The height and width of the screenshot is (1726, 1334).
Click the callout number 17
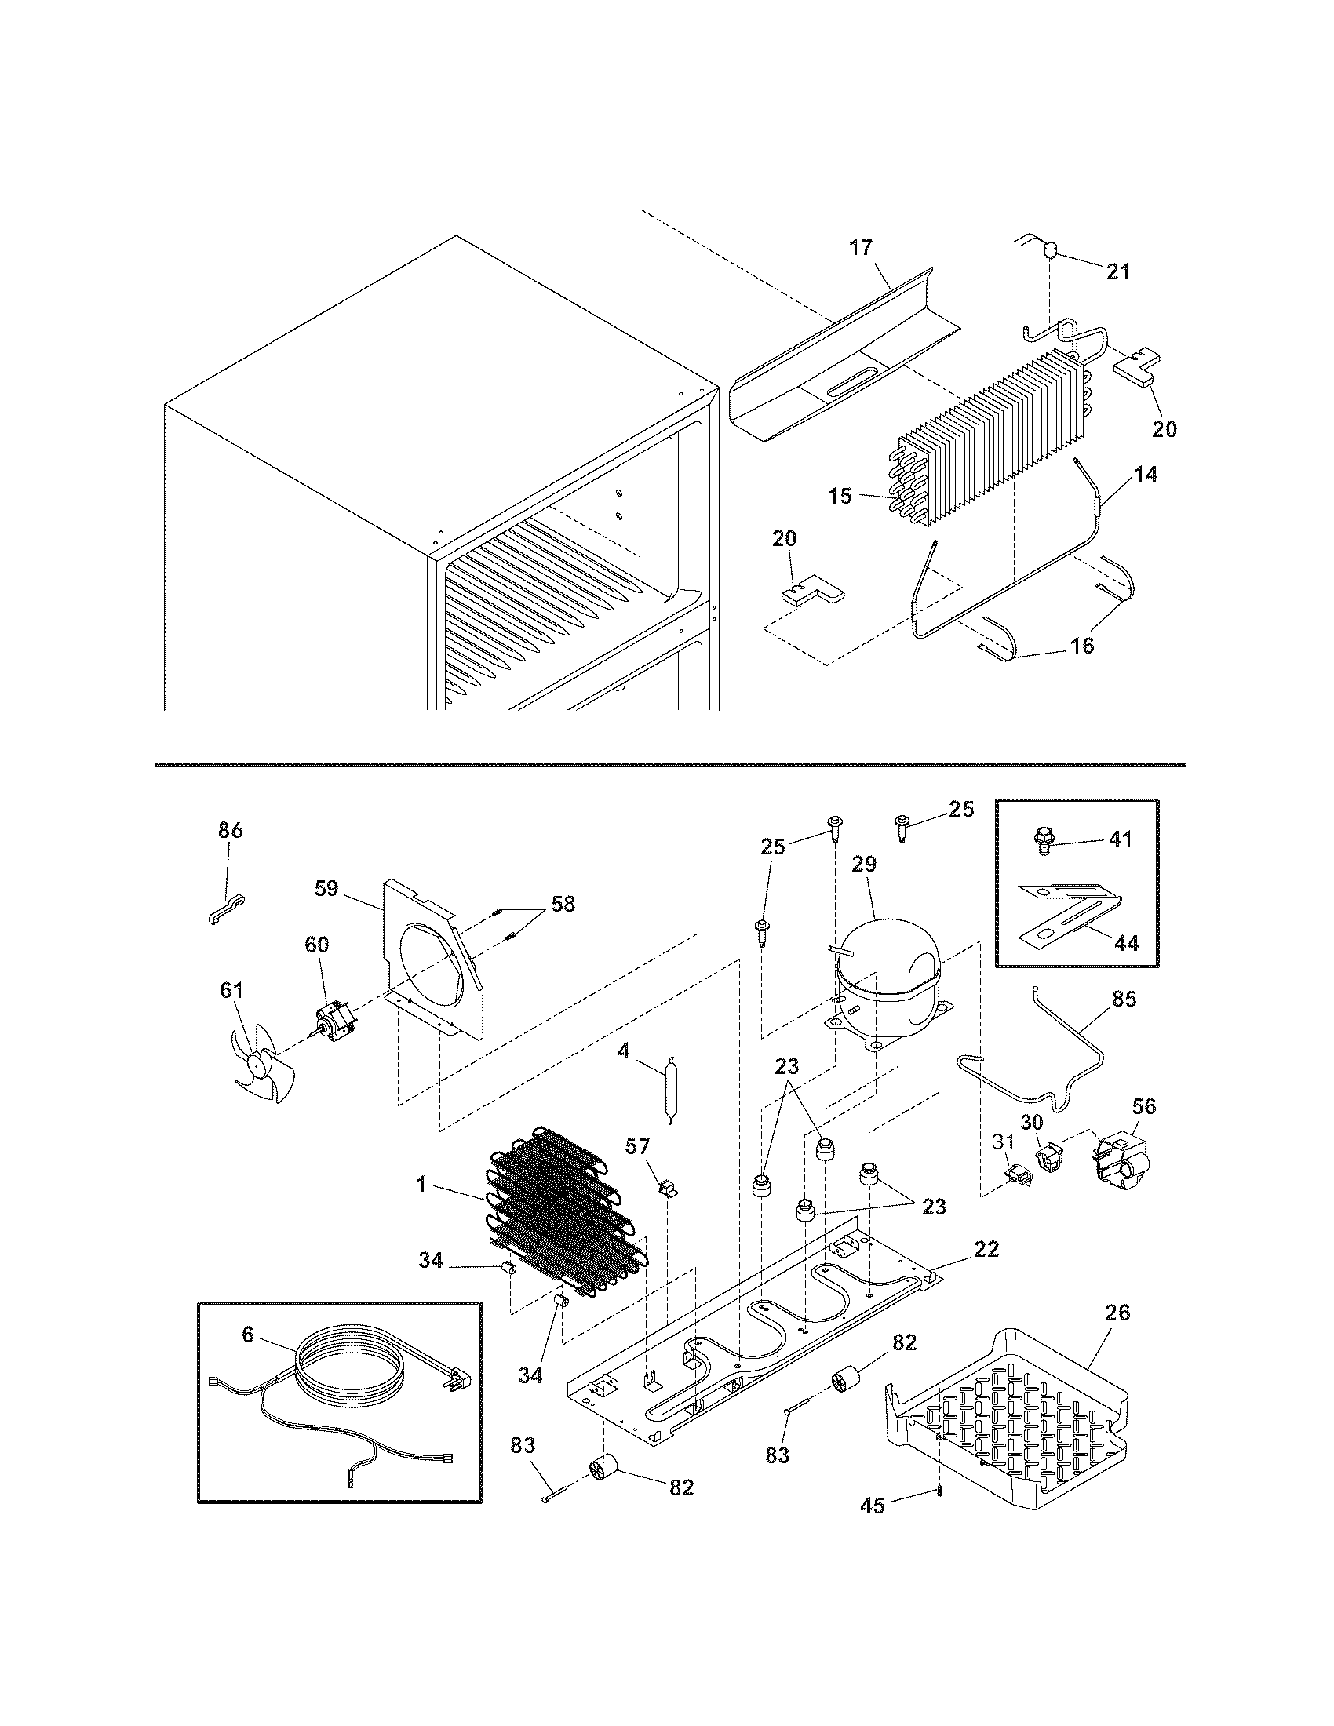(860, 248)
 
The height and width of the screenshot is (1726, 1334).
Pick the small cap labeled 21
(1050, 253)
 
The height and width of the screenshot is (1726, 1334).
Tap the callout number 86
(230, 831)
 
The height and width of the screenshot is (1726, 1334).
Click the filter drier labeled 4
(671, 1088)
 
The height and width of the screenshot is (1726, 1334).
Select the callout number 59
(326, 888)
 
